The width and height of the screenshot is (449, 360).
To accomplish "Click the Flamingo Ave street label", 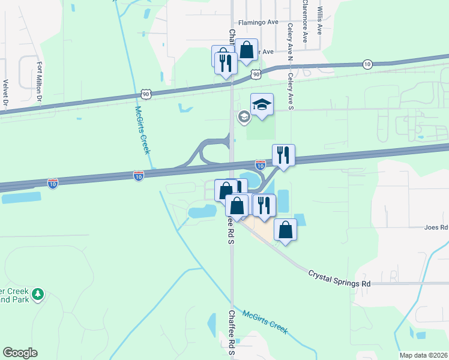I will [x=258, y=22].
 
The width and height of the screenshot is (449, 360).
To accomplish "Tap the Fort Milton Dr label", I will [x=40, y=81].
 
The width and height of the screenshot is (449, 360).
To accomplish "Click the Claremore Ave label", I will [x=305, y=20].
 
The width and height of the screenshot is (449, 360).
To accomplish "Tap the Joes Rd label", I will [x=436, y=227].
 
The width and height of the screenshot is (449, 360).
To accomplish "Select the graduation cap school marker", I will [x=262, y=106].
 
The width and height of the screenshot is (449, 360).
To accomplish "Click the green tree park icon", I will [x=38, y=294].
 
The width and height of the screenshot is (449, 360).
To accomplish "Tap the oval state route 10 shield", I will [x=367, y=64].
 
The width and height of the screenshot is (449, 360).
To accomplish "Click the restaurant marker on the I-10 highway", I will [x=284, y=155].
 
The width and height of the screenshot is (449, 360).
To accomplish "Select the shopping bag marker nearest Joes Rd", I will [x=286, y=230].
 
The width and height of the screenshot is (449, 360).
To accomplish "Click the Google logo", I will [x=20, y=353].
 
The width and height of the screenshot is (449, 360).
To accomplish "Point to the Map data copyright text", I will [x=423, y=355].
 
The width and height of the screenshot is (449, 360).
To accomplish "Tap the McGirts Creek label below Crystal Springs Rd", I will [x=266, y=322].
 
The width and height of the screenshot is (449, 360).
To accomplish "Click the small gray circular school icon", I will [x=244, y=116].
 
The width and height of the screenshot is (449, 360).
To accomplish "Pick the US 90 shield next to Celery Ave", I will [x=256, y=74].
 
